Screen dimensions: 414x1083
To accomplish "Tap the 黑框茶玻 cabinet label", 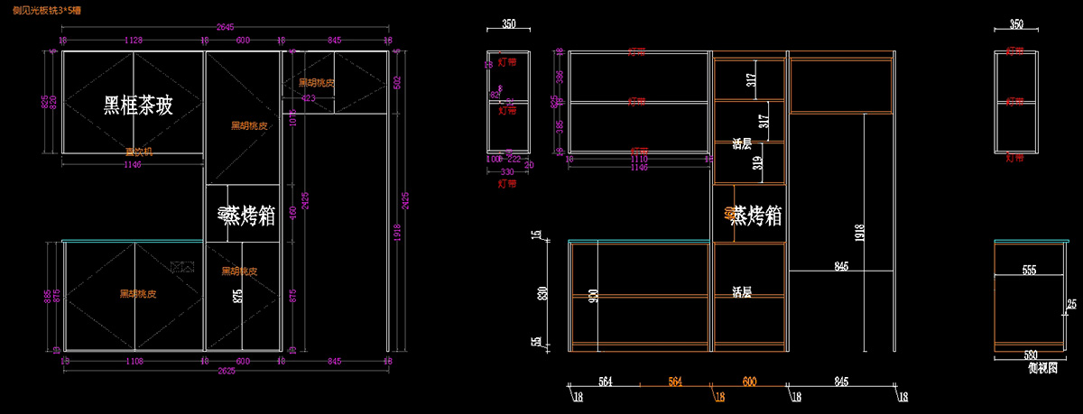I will pyautogui.click(x=138, y=106).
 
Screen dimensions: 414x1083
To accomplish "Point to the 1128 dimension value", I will pyautogui.click(x=134, y=41).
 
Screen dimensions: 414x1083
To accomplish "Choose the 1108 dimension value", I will pyautogui.click(x=134, y=361).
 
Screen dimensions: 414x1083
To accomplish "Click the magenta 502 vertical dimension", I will pyautogui.click(x=396, y=81).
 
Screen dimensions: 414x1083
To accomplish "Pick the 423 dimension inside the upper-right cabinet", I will pyautogui.click(x=308, y=97).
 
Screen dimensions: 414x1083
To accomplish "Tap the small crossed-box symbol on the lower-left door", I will pyautogui.click(x=183, y=266).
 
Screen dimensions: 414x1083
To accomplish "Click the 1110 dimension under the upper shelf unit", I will pyautogui.click(x=638, y=157).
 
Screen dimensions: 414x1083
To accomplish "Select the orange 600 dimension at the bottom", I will pyautogui.click(x=749, y=382).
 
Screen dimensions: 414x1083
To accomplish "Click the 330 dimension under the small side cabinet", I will pyautogui.click(x=507, y=170).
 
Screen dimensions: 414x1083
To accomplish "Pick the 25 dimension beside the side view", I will pyautogui.click(x=1071, y=303).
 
